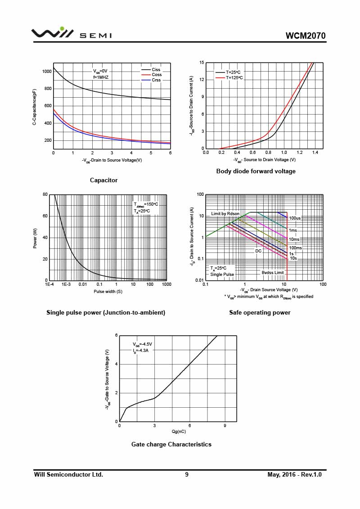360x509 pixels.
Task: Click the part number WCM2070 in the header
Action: pyautogui.click(x=306, y=36)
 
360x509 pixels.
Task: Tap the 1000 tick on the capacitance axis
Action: pyautogui.click(x=47, y=72)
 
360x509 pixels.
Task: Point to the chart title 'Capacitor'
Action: pyautogui.click(x=103, y=180)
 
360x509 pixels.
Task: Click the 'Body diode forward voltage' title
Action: pyautogui.click(x=256, y=171)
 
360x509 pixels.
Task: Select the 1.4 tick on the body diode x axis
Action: pyautogui.click(x=315, y=153)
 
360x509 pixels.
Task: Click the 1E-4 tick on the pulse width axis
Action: pyautogui.click(x=49, y=284)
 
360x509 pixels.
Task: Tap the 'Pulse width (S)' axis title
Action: pyautogui.click(x=108, y=292)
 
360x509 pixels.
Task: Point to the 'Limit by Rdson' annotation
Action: pyautogui.click(x=225, y=214)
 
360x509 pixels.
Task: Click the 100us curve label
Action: pyautogui.click(x=295, y=218)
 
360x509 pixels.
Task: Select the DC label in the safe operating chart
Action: pyautogui.click(x=258, y=251)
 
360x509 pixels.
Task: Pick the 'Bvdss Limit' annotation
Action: pyautogui.click(x=273, y=273)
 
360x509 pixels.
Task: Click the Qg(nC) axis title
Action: pyautogui.click(x=179, y=432)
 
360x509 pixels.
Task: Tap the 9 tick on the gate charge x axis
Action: pyautogui.click(x=225, y=426)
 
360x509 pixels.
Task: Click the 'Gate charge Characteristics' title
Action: pyautogui.click(x=171, y=444)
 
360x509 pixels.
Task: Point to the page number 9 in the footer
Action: pyautogui.click(x=187, y=475)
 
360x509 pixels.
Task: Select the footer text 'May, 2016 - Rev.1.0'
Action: pyautogui.click(x=294, y=475)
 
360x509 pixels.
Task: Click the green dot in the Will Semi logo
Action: pyautogui.click(x=62, y=29)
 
